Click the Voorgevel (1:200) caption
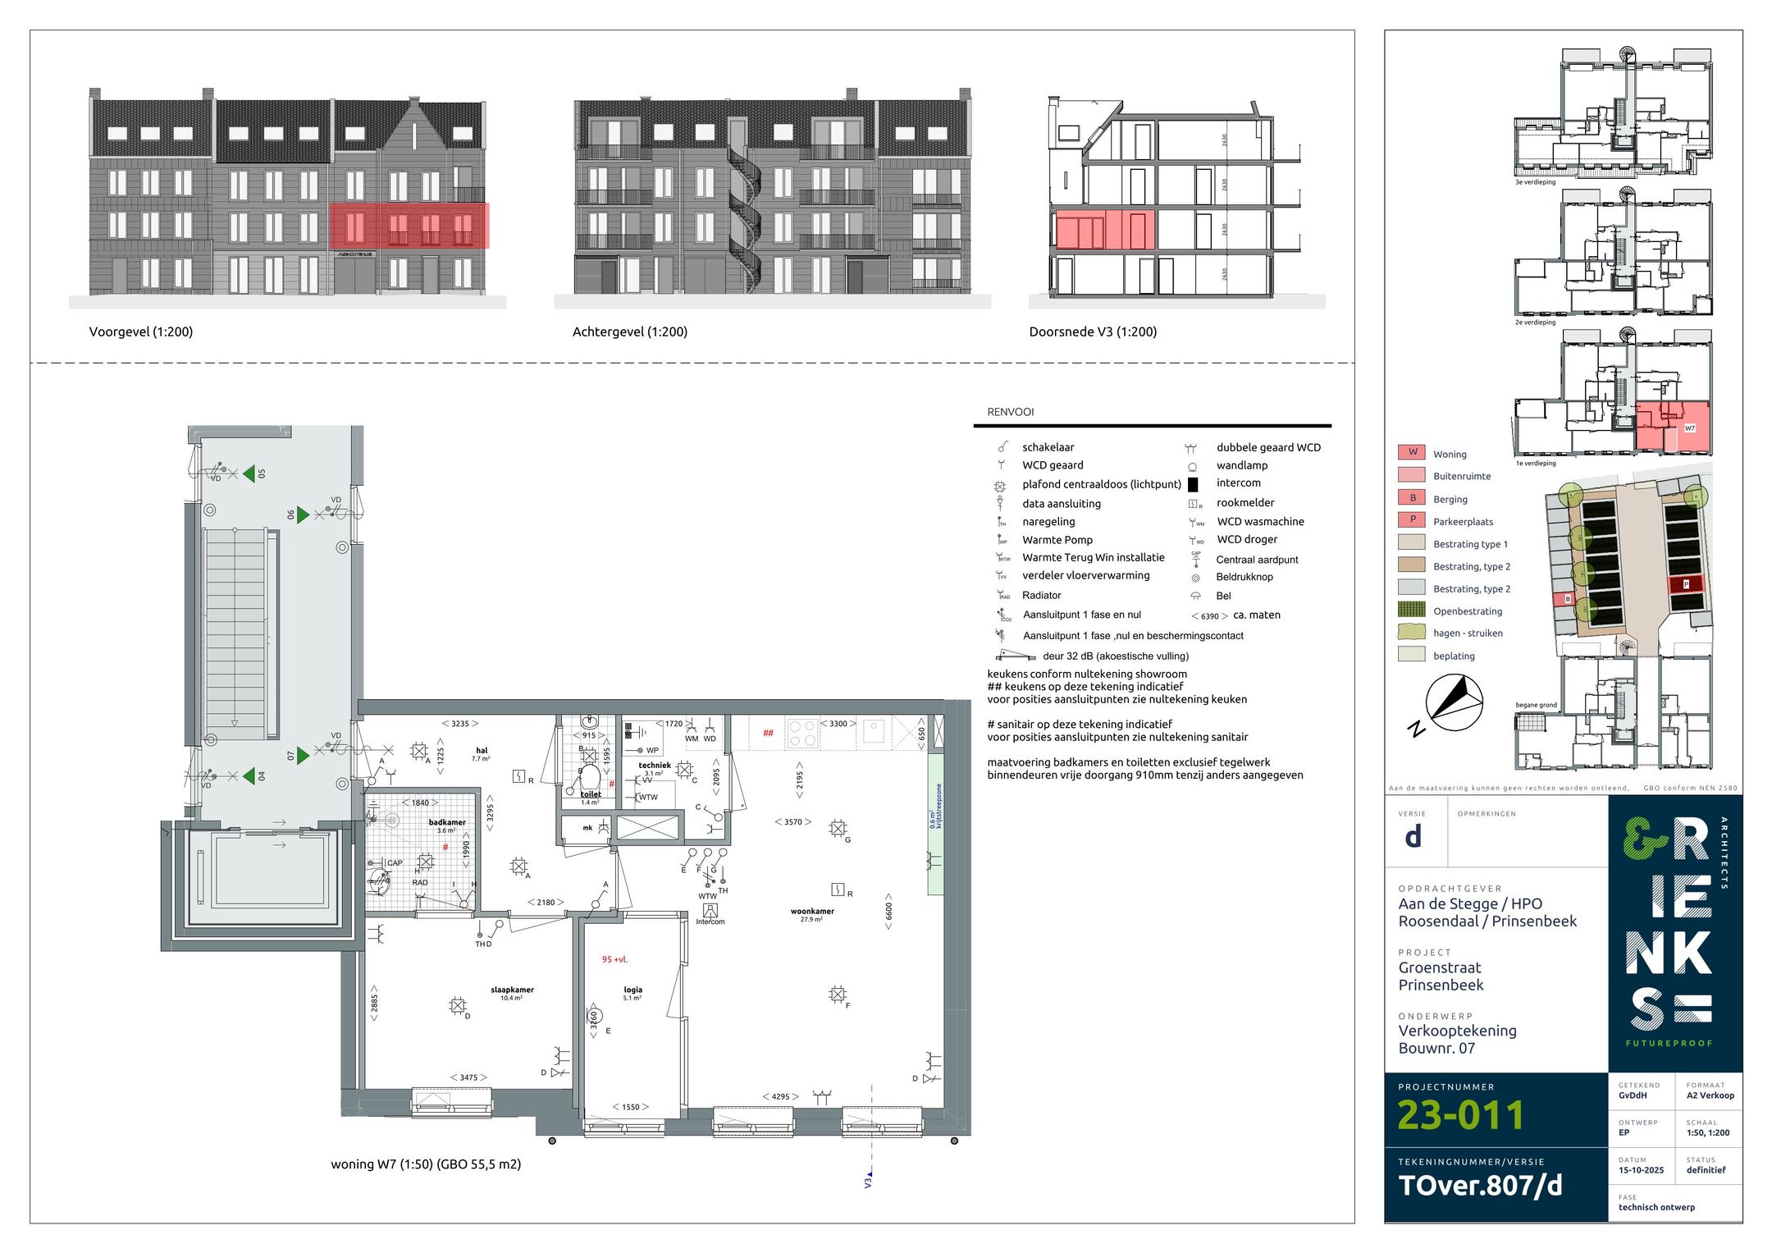click(x=140, y=332)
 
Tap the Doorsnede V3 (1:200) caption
click(x=1092, y=332)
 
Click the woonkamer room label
click(x=811, y=911)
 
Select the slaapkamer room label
click(x=512, y=990)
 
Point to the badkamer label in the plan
click(x=447, y=822)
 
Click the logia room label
click(x=633, y=990)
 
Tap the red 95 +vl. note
click(x=614, y=959)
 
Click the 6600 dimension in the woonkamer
click(x=888, y=911)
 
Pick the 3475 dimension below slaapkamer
click(x=468, y=1077)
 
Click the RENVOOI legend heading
click(x=1010, y=412)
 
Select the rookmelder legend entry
click(x=1245, y=502)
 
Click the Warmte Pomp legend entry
click(x=1057, y=540)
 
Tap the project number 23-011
click(x=1459, y=1115)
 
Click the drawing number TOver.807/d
click(x=1479, y=1185)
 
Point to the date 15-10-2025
click(x=1641, y=1170)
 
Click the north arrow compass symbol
click(x=1453, y=702)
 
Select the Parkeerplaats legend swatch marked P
click(x=1412, y=519)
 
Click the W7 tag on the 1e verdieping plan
click(x=1689, y=428)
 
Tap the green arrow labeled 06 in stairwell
click(x=303, y=514)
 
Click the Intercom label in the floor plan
click(x=710, y=921)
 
